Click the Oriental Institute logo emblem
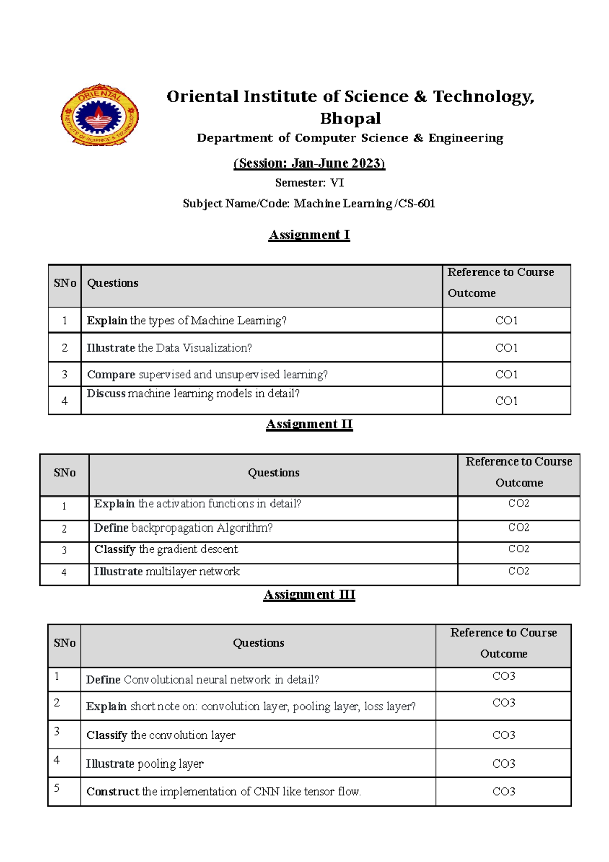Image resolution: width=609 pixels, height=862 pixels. coord(99,115)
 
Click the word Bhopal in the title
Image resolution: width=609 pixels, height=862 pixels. coord(350,118)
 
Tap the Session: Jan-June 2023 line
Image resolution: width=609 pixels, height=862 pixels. coord(309,163)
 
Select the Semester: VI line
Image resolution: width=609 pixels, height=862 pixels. coord(309,183)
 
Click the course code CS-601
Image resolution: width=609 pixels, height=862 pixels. coord(417,204)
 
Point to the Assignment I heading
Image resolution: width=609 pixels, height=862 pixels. coord(309,235)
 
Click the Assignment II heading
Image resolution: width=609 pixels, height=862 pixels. coord(309,424)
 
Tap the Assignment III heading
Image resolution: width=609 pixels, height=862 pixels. coord(309,594)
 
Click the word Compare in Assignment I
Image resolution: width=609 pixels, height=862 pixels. coord(111,375)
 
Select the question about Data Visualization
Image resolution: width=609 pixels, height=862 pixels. coord(170,348)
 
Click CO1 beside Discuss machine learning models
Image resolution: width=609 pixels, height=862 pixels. coord(506,401)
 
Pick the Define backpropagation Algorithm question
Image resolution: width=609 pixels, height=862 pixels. coord(183,528)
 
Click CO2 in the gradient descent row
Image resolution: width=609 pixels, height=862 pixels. coord(518,549)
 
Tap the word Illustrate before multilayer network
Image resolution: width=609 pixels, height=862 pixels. coord(118,572)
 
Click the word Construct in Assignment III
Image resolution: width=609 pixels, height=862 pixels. coord(112,792)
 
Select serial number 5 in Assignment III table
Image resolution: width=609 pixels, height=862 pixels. coord(57,788)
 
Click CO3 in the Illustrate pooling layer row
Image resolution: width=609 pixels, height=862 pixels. coord(503,764)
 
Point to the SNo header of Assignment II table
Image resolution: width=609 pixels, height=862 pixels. coord(64,473)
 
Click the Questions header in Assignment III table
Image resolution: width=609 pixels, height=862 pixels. coord(258,643)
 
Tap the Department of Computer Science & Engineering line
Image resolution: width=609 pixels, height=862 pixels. coord(350,138)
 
